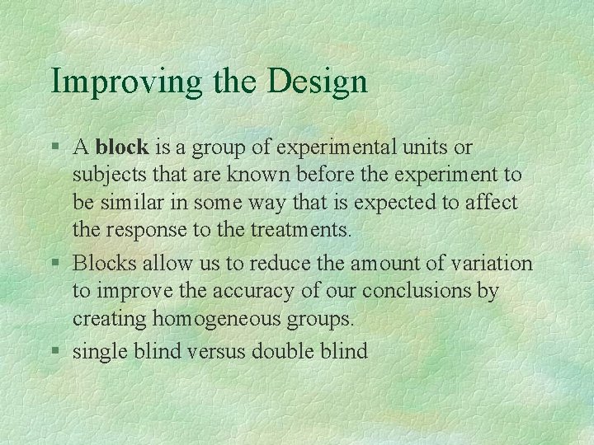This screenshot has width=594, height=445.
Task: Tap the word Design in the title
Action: pyautogui.click(x=318, y=82)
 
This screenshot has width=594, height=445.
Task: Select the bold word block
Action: pyautogui.click(x=122, y=148)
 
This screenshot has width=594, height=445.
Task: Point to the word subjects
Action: pyautogui.click(x=102, y=175)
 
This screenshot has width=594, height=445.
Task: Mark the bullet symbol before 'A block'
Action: pyautogui.click(x=55, y=148)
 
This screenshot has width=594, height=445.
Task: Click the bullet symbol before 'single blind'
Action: pyautogui.click(x=55, y=352)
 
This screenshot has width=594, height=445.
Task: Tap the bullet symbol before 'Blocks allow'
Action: pyautogui.click(x=55, y=265)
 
